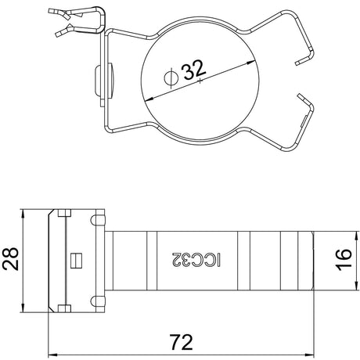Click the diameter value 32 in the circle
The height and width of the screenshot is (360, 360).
pyautogui.click(x=195, y=70)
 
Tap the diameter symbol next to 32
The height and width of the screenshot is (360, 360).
pyautogui.click(x=171, y=77)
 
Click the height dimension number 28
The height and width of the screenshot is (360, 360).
pyautogui.click(x=11, y=259)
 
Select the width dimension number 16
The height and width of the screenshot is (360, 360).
pyautogui.click(x=344, y=260)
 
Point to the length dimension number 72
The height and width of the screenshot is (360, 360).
pyautogui.click(x=182, y=342)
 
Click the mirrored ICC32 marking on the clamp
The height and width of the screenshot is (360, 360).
pyautogui.click(x=196, y=260)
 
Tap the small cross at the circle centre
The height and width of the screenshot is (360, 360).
pyautogui.click(x=200, y=81)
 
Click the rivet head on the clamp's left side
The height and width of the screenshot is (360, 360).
pyautogui.click(x=97, y=80)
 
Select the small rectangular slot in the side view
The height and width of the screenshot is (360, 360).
pyautogui.click(x=77, y=261)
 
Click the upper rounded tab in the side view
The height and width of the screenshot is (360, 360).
pyautogui.click(x=98, y=221)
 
